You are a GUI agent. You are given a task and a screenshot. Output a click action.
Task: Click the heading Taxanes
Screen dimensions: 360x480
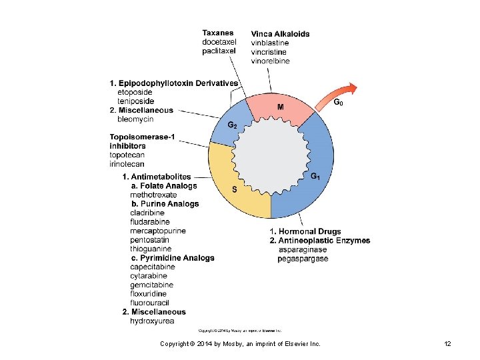point(218,33)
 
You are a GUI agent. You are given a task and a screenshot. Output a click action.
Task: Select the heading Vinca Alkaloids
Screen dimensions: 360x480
point(280,34)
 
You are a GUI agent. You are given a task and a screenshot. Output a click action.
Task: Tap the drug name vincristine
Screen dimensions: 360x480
point(269,52)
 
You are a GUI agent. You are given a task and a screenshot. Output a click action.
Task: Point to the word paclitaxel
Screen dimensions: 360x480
point(219,51)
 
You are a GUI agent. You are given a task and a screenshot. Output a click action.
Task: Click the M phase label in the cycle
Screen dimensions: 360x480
point(281,107)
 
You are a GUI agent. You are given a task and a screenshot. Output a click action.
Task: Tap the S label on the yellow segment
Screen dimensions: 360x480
point(235,189)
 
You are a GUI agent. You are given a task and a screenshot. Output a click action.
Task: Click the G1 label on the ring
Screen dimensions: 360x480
point(316,176)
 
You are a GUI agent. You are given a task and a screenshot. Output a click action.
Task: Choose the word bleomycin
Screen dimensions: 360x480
point(135,119)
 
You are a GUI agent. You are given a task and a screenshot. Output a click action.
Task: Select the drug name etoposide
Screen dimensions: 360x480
point(135,92)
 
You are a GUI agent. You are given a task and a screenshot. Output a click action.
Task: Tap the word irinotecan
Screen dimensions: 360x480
point(127,164)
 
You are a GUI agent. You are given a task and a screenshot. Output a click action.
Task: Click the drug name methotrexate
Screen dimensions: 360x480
point(153,195)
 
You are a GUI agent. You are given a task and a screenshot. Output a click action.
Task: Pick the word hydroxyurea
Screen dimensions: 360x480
point(152,321)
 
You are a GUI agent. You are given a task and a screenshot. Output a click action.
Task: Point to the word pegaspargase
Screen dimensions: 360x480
point(303,259)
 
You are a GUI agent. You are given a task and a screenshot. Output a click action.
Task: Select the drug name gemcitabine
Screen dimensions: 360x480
point(151,285)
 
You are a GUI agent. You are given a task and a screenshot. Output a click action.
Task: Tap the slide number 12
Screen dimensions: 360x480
point(447,343)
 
